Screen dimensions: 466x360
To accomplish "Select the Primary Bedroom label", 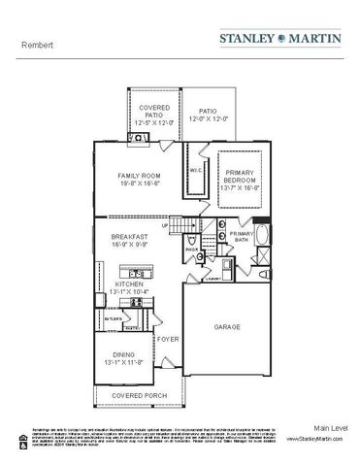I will tap(240, 175).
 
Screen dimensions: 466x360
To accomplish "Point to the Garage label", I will tap(227, 327).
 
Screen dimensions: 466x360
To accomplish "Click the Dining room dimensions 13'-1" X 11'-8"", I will tap(129, 363).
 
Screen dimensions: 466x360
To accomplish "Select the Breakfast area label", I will tap(129, 236).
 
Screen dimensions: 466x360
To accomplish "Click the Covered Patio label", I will tap(154, 108).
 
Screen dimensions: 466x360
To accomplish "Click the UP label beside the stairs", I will tap(166, 226).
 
